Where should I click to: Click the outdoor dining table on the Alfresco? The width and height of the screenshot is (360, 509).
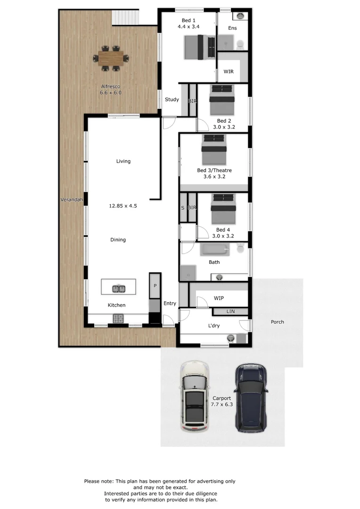point(110,59)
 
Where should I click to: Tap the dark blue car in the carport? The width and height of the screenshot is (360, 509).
point(251,398)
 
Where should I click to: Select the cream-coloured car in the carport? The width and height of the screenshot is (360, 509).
point(195,396)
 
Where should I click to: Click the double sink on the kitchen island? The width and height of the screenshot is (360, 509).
point(118,288)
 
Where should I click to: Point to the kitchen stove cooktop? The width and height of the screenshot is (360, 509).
point(118,319)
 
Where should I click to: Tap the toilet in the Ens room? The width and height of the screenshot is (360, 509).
point(240,44)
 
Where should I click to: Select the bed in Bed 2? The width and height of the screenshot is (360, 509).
point(222,100)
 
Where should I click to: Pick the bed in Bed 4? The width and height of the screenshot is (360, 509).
point(223,209)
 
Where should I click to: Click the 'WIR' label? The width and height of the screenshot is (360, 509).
point(229,72)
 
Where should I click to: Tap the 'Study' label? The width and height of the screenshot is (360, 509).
point(172,99)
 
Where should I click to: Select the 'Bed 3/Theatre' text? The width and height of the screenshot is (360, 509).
point(214,171)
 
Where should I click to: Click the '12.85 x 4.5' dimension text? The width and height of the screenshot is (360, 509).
point(123,206)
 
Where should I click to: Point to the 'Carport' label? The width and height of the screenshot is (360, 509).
point(222,398)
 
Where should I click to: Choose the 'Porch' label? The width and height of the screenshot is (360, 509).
point(277,322)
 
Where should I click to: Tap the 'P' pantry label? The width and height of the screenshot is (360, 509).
point(155,286)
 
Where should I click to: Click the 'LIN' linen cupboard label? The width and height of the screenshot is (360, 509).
point(230,312)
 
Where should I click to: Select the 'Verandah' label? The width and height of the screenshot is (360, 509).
point(72,200)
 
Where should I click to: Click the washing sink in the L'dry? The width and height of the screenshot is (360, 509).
point(230,338)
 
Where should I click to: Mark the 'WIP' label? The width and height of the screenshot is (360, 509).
point(219,298)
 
